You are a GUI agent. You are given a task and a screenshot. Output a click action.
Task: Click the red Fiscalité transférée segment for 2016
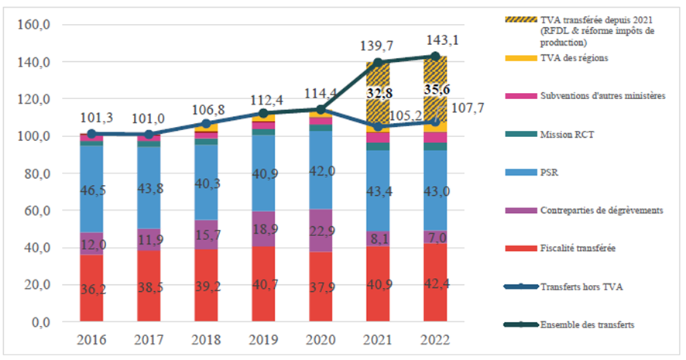coord(91,287)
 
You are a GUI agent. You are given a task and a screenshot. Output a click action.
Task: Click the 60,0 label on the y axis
coord(36,211)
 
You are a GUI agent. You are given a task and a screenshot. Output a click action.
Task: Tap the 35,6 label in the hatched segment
coord(435,89)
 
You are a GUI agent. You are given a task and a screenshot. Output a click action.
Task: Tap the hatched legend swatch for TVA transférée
coord(537,20)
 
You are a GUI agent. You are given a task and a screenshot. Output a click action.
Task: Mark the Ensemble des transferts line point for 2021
coord(378,63)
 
